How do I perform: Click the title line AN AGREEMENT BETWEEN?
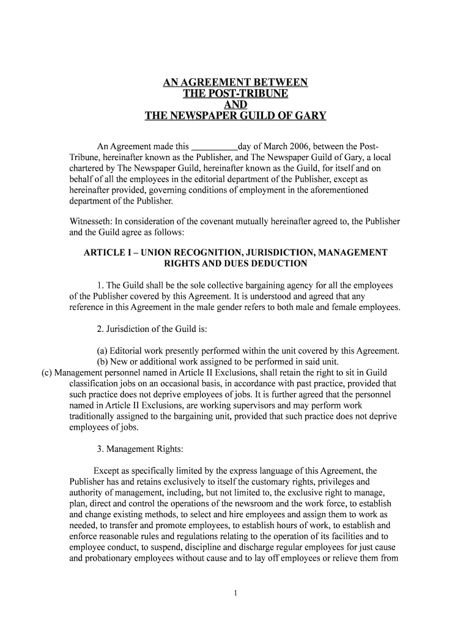pyautogui.click(x=236, y=83)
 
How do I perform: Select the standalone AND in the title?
pyautogui.click(x=236, y=105)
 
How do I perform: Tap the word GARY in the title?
pyautogui.click(x=310, y=116)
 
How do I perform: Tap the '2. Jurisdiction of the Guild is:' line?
pyautogui.click(x=152, y=330)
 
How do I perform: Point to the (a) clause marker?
pyautogui.click(x=102, y=351)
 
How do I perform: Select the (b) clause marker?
pyautogui.click(x=102, y=361)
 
